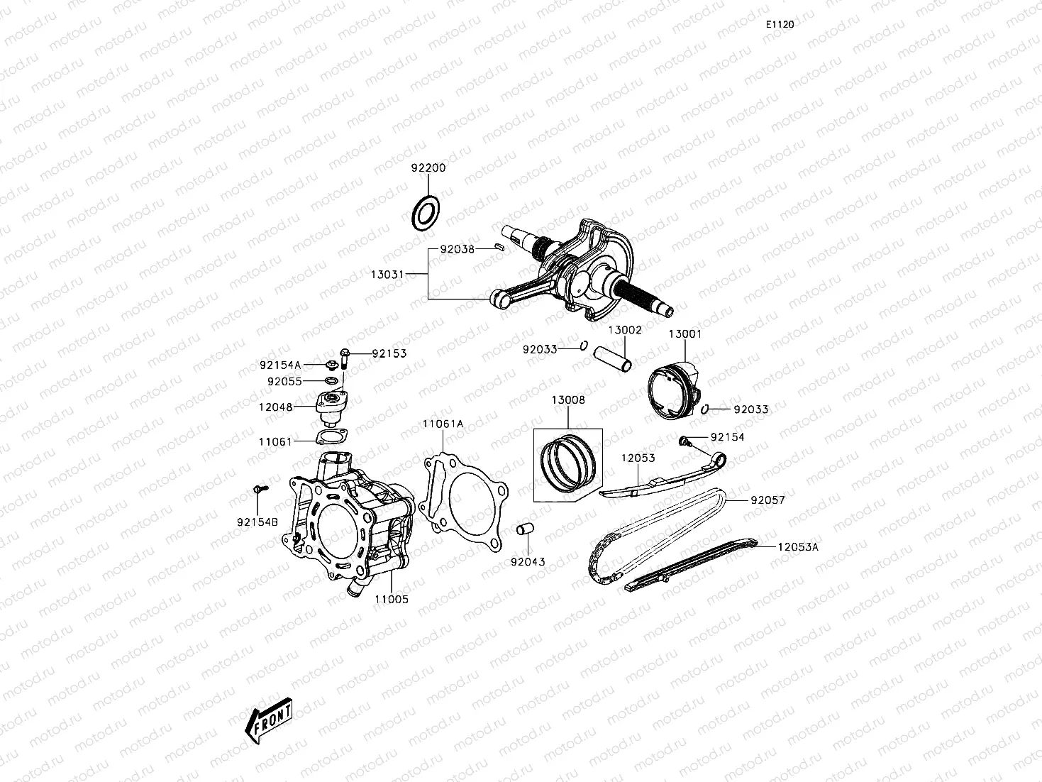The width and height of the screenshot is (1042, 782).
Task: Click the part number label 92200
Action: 428,168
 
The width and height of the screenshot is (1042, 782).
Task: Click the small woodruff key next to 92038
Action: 499,248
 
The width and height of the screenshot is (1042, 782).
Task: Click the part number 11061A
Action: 443,424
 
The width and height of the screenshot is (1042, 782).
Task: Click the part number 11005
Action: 392,599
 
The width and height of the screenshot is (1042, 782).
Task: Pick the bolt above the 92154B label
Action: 259,489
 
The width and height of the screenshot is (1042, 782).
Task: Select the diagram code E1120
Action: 780,24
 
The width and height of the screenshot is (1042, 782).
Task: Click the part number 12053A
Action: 798,547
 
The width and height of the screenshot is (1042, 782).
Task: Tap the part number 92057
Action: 767,500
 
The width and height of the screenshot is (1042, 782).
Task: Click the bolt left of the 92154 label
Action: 685,441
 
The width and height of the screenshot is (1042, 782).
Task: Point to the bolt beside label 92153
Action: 345,356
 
